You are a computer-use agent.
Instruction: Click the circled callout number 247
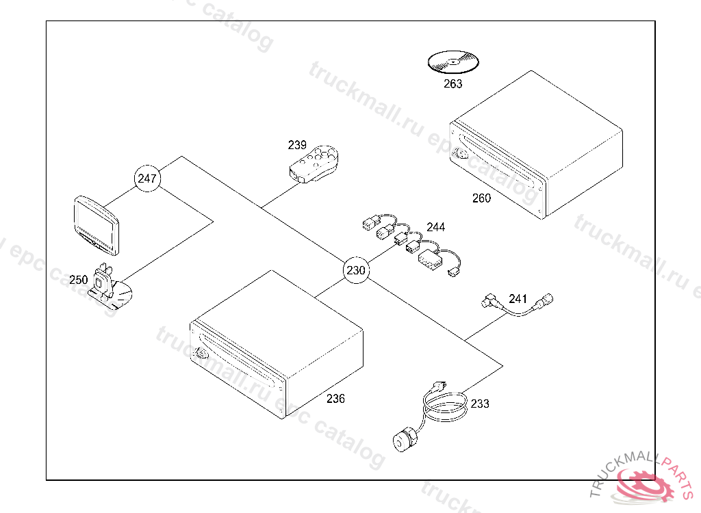[147, 179]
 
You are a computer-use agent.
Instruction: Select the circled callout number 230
[356, 270]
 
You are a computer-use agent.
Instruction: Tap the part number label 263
[453, 83]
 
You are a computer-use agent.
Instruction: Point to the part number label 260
[481, 198]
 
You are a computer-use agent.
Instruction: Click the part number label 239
[297, 145]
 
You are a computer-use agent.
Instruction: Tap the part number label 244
[435, 226]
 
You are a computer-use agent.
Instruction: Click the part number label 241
[518, 298]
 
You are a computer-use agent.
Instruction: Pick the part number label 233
[480, 404]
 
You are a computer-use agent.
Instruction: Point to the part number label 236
[335, 399]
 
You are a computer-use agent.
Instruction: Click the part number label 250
[79, 280]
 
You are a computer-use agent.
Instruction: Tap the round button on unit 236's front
[201, 353]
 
